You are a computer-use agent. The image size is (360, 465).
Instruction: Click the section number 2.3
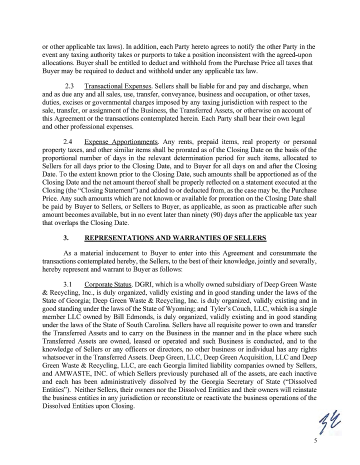click(x=70, y=86)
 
